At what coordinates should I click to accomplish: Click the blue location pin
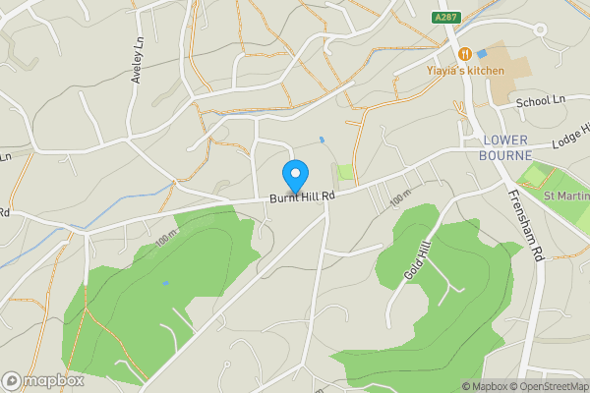294,175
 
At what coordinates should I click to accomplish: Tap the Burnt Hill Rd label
303,196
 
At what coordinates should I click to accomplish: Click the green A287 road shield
447,18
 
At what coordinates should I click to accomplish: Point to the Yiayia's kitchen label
465,71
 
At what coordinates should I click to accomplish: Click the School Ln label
542,100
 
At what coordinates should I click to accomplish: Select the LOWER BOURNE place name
505,147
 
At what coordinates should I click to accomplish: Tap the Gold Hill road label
418,262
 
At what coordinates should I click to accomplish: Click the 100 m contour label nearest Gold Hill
398,198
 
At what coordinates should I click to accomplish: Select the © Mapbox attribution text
484,385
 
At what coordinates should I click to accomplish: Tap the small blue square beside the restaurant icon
482,53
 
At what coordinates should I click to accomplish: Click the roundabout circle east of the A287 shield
540,30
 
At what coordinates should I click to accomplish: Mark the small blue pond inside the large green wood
165,283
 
